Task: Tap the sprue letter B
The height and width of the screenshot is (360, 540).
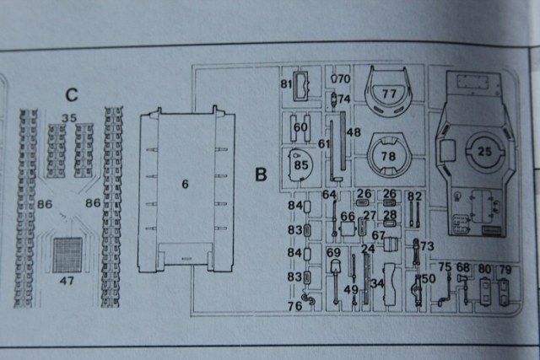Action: coord(261,175)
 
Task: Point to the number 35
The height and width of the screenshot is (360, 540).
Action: coord(69,117)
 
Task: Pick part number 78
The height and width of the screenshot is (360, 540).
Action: coord(390,156)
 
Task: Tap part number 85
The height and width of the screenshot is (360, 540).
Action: coord(302,164)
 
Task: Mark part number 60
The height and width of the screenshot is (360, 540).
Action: coord(300,127)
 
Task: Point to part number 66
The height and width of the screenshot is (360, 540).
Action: coord(348,218)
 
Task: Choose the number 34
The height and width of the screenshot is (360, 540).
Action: coord(377,284)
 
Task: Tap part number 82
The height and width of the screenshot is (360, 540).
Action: coord(413,196)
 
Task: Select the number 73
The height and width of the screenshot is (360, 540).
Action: coord(426,245)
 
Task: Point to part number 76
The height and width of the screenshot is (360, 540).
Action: coord(294,306)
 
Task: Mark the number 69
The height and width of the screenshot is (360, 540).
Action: coord(333,253)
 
